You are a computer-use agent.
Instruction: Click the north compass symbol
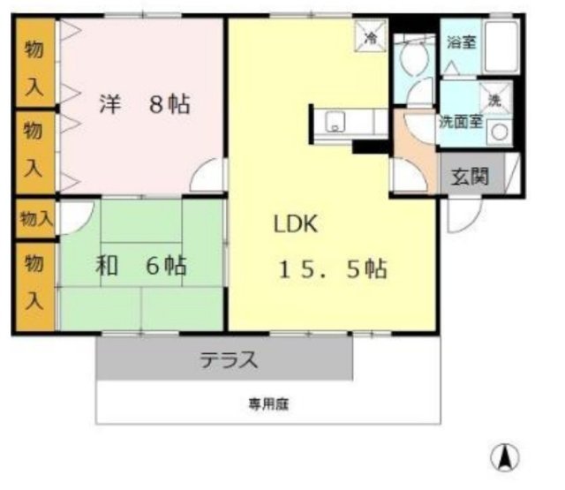(x=505, y=456)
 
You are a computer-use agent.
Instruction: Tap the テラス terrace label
(x=228, y=360)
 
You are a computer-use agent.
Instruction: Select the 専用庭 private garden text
(x=268, y=405)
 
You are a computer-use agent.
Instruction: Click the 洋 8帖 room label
(x=144, y=105)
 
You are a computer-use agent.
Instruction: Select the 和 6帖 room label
(x=141, y=265)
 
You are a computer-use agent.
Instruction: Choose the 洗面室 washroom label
(x=461, y=122)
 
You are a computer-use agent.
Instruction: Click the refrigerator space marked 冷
(x=372, y=38)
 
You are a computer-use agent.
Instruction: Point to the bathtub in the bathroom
(x=501, y=49)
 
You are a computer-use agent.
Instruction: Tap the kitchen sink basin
(x=336, y=123)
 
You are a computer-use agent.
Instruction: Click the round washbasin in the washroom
(x=500, y=132)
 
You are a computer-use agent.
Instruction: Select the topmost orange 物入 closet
(x=34, y=62)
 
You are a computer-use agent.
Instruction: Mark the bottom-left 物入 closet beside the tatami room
(x=34, y=283)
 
